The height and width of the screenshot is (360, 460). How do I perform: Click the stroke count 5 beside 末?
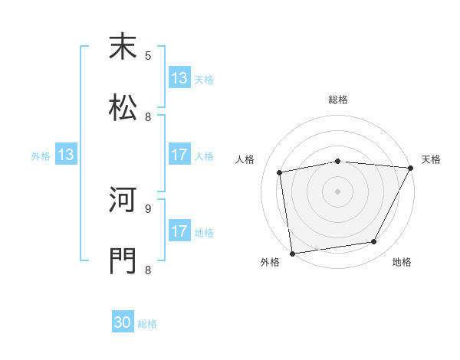tap(148, 55)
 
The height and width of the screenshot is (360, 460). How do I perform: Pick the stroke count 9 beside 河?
tap(148, 208)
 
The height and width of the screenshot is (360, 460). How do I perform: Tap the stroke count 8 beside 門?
tap(148, 269)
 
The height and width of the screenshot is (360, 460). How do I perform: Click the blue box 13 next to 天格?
tap(179, 78)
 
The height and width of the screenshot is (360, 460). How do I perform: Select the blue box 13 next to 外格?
tap(66, 155)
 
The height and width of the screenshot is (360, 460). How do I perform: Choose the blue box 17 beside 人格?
tap(179, 155)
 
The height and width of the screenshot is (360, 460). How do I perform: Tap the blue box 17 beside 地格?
tap(179, 231)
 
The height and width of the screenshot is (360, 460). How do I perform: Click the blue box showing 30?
tap(123, 322)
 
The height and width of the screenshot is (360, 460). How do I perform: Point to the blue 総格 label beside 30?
tap(148, 324)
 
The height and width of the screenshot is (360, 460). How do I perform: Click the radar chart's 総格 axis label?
tap(338, 100)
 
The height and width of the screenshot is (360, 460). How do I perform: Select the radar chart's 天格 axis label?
tap(432, 159)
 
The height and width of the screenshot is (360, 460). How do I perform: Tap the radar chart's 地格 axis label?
tap(402, 262)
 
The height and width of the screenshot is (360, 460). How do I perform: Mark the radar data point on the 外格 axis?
tap(292, 253)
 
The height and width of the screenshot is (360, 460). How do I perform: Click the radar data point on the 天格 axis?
tap(412, 168)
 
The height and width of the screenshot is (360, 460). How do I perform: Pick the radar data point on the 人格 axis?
tap(281, 172)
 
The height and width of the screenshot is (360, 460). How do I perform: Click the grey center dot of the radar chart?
tap(338, 191)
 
